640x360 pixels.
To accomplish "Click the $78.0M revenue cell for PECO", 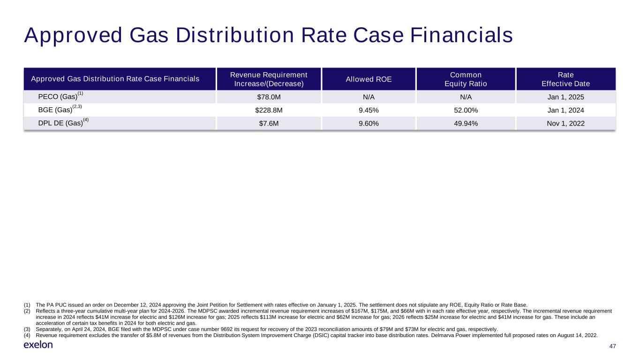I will tap(269, 97).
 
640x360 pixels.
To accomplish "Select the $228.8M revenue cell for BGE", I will tap(269, 110).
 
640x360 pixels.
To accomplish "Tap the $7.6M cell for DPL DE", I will tap(269, 123).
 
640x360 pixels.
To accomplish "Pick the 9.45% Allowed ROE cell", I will tap(369, 110).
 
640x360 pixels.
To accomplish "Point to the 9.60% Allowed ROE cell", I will tap(369, 123).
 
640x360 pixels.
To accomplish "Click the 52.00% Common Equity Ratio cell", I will tap(465, 110).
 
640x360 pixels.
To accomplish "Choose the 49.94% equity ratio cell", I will tap(465, 123).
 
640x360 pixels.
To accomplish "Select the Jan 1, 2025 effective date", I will tap(565, 97).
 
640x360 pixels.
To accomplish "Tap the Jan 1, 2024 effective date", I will tap(565, 110).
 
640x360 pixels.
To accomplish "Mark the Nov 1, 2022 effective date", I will tap(565, 123).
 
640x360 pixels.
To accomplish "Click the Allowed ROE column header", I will tap(369, 79).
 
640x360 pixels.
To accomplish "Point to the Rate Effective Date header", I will tap(565, 79).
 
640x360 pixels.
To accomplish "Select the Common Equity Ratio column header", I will tap(465, 79).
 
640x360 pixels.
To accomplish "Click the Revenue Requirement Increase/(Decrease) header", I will tap(269, 79).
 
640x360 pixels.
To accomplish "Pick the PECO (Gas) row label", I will tap(57, 97).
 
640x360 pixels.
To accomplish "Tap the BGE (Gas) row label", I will tap(55, 110).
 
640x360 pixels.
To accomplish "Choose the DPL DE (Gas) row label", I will tap(60, 123).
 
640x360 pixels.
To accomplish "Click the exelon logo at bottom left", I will tap(38, 345).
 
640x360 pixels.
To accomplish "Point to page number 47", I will tap(612, 346).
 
